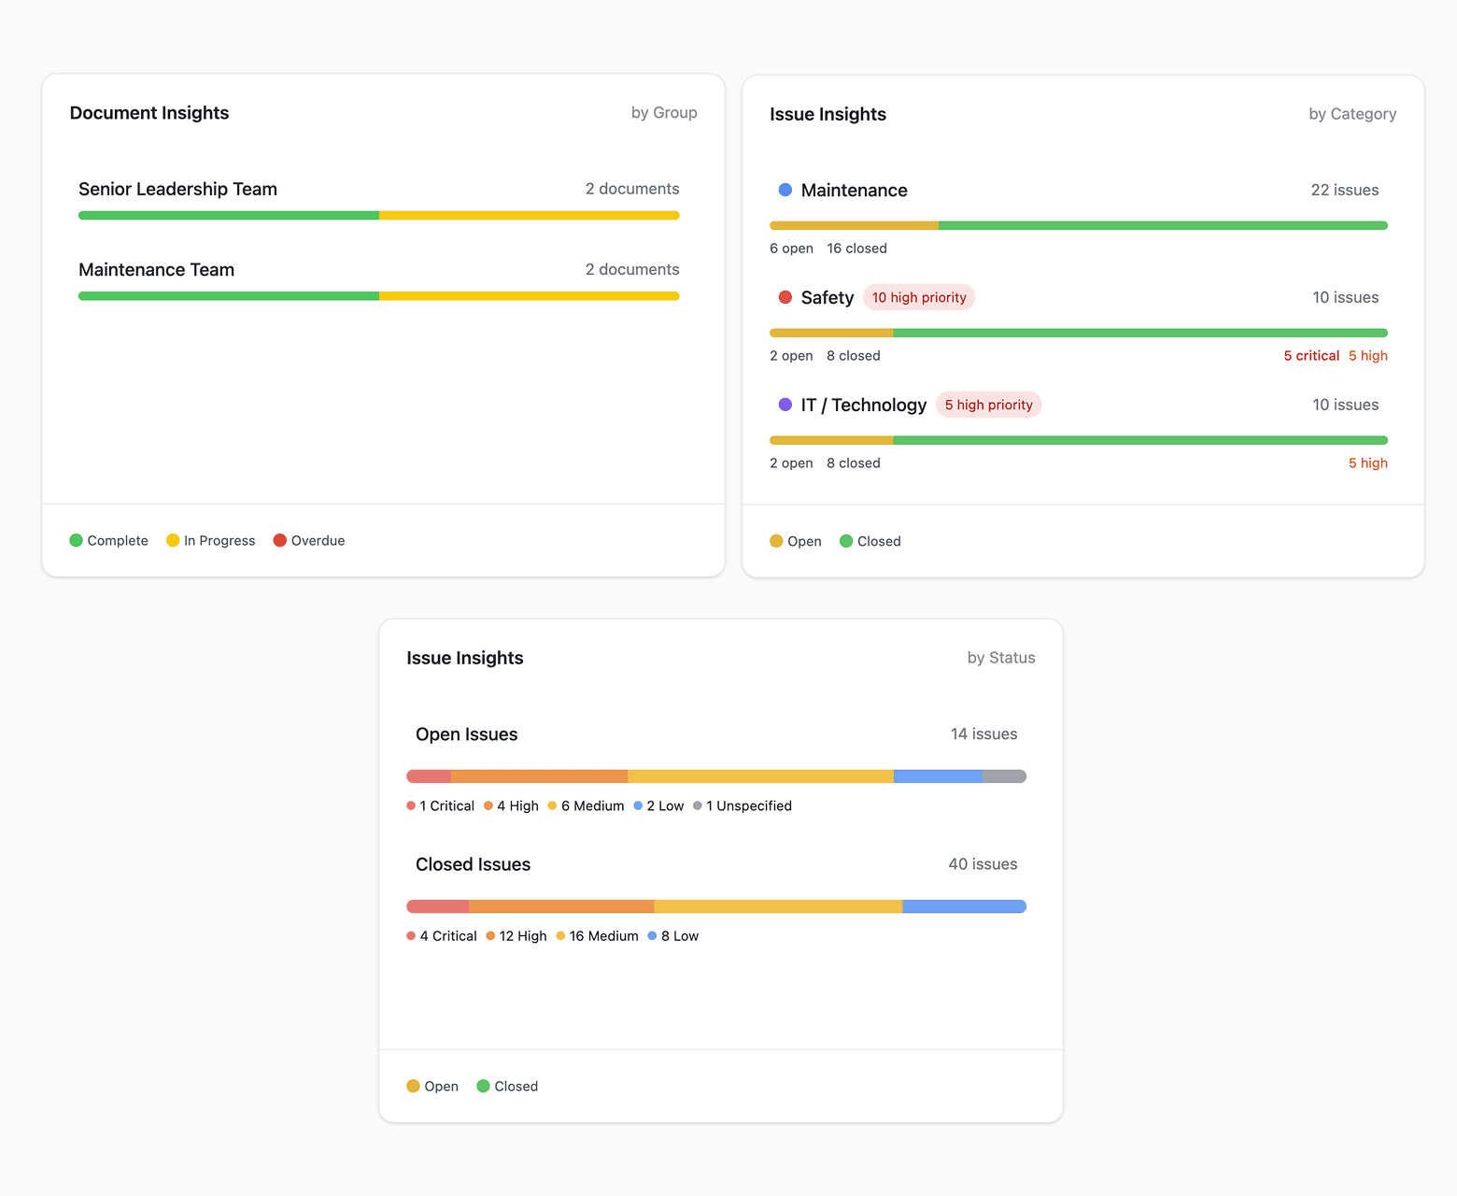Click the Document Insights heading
click(149, 113)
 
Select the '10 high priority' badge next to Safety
click(919, 298)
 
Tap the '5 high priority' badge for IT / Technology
click(988, 406)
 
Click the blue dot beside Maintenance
click(785, 191)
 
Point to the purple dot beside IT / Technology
click(785, 406)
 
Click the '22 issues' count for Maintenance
click(1344, 191)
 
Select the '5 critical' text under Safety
click(1311, 356)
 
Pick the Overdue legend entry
click(309, 541)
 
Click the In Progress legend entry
click(211, 541)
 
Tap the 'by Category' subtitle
click(1351, 114)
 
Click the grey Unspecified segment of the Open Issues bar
click(1004, 776)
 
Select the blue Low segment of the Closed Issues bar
click(964, 906)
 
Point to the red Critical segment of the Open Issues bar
click(429, 776)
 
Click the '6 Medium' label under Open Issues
click(587, 806)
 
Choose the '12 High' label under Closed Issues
click(516, 936)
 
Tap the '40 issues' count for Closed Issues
click(983, 864)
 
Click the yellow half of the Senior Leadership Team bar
click(529, 216)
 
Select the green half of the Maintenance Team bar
click(229, 296)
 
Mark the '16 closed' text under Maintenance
click(856, 249)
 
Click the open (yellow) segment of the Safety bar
click(831, 334)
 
